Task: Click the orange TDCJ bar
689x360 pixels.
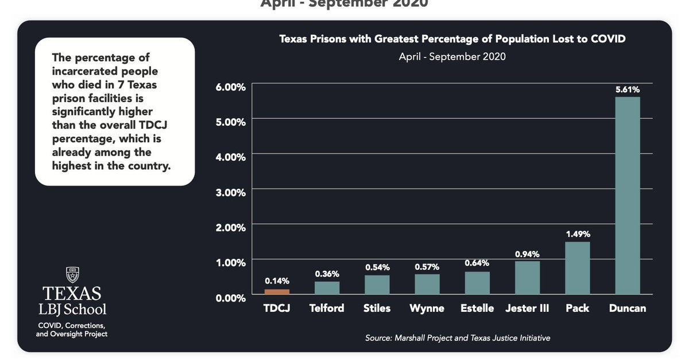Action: [x=277, y=292]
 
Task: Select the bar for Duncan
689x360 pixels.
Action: [x=628, y=195]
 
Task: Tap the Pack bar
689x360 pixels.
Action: [x=578, y=268]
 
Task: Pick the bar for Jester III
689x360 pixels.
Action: [x=527, y=277]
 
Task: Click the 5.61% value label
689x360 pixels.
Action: [x=628, y=90]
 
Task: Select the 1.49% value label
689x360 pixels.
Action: [x=578, y=234]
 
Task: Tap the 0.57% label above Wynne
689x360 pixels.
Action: [x=427, y=267]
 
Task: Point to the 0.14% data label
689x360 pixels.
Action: [x=277, y=281]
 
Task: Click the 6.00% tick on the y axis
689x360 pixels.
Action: [x=230, y=87]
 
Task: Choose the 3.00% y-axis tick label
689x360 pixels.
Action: [x=230, y=192]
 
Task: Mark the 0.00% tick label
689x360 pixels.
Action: [x=230, y=297]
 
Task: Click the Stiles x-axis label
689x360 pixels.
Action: [x=377, y=308]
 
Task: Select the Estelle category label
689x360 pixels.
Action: [x=477, y=308]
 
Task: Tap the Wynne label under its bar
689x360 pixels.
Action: [x=427, y=308]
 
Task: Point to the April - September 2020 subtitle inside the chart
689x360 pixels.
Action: [x=452, y=57]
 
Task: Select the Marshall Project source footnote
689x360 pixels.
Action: [x=458, y=338]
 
